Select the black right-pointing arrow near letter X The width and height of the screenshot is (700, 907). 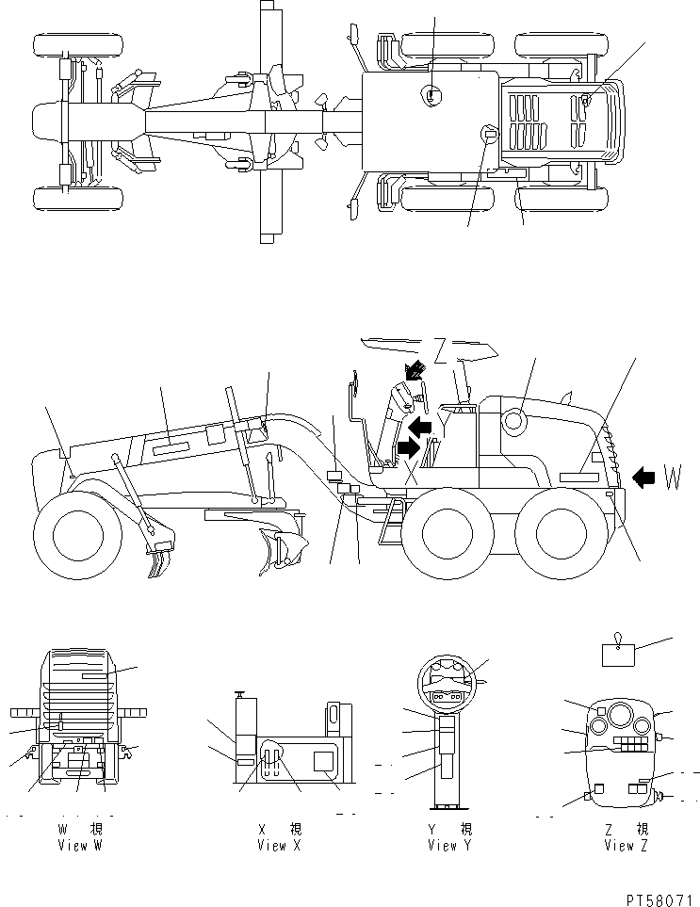click(409, 447)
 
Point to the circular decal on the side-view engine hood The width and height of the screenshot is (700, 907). click(514, 423)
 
